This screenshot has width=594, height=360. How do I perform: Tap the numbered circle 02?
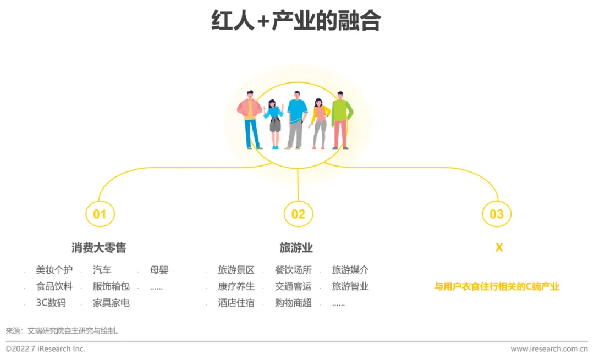coord(285,214)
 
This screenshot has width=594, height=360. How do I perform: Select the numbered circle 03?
coord(483,214)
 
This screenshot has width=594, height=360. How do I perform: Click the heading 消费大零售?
coord(99,247)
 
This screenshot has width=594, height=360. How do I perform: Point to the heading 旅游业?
coord(296,247)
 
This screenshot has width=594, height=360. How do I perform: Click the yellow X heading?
coord(499,247)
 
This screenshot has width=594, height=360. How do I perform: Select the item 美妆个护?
coord(54,270)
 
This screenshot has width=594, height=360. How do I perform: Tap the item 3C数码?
coord(51,303)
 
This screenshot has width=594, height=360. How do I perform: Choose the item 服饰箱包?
coord(111,286)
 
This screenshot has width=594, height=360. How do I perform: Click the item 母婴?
coord(159,270)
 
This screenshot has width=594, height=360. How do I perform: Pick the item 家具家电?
coord(111,303)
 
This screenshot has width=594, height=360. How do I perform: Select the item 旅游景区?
coord(236,270)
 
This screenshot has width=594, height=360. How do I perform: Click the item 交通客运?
coord(293,286)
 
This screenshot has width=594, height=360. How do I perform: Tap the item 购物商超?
coord(293,303)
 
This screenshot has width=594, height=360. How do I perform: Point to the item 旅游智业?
coord(350,286)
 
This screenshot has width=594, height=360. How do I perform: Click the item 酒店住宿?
coord(236,303)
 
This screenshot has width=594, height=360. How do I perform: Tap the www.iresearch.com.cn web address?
coord(549,348)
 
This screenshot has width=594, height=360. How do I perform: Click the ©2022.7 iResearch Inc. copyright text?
coord(45,348)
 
